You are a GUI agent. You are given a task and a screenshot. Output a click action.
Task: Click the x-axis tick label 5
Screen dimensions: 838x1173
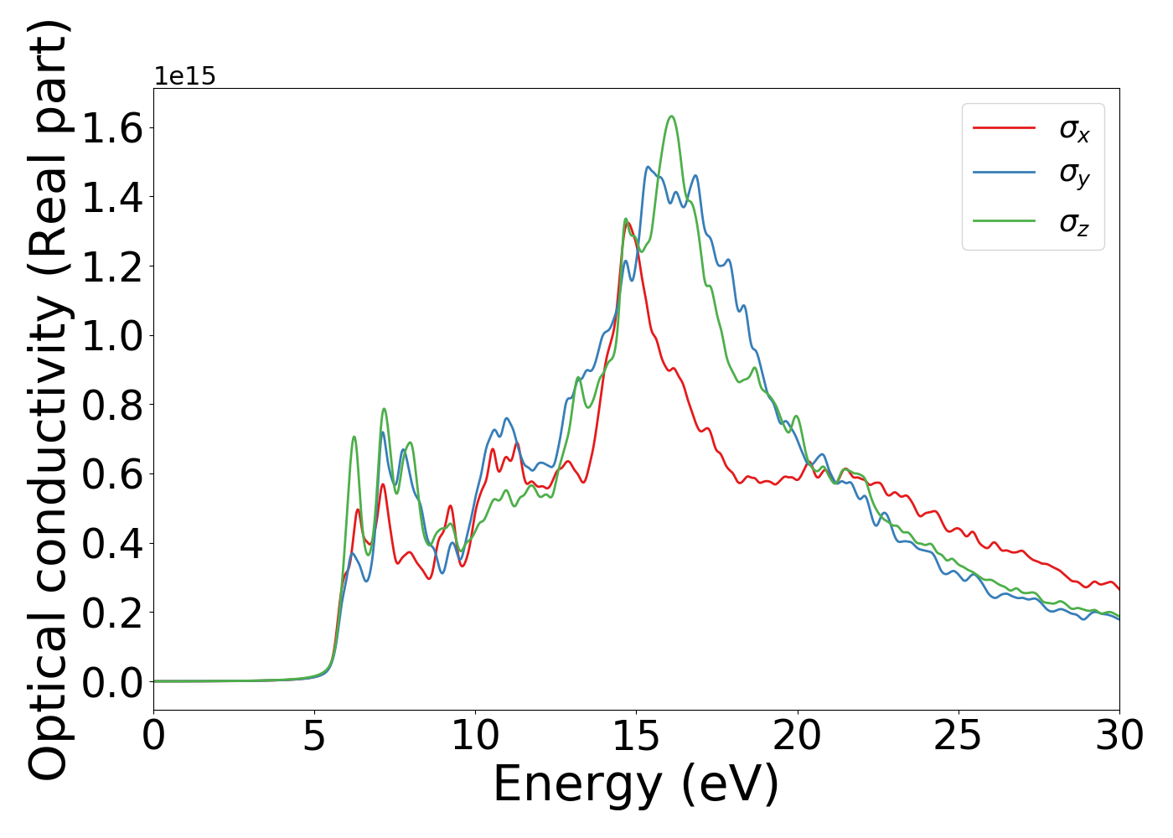click(x=314, y=737)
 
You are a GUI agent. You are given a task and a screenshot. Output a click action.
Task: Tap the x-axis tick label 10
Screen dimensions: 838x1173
click(x=475, y=737)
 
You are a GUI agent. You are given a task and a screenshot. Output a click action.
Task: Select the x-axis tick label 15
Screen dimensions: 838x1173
click(x=636, y=737)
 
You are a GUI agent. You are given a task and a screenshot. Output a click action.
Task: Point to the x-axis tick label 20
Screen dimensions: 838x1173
click(x=797, y=737)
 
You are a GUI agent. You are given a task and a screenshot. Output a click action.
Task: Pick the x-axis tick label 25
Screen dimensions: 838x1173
click(x=958, y=737)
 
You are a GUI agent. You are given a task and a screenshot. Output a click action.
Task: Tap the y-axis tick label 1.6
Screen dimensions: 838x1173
click(x=111, y=128)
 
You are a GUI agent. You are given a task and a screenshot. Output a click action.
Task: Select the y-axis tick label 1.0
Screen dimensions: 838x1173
click(x=111, y=336)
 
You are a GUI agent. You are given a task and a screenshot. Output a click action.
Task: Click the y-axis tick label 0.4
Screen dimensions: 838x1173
click(x=111, y=544)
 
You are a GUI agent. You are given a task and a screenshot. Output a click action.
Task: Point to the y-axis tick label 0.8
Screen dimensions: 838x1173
click(x=111, y=405)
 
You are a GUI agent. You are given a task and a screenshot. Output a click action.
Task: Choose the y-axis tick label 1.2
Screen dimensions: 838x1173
click(x=111, y=266)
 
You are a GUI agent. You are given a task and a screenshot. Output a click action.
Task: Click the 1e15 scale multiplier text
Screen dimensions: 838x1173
click(x=184, y=76)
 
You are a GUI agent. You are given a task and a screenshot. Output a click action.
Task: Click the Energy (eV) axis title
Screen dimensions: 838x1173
click(x=636, y=785)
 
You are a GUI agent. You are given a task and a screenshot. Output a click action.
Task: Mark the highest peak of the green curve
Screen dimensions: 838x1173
click(x=671, y=116)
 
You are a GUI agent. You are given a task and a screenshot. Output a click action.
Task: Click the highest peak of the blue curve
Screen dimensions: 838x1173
click(x=648, y=167)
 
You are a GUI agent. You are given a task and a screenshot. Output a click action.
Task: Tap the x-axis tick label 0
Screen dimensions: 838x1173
click(x=153, y=737)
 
